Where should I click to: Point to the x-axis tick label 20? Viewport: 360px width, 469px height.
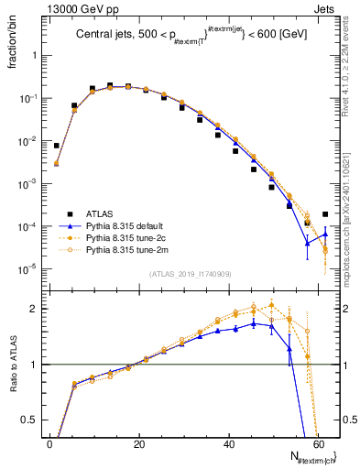click(138, 442)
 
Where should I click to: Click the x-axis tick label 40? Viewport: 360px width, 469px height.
click(227, 442)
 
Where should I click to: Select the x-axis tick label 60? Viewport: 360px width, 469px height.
click(316, 442)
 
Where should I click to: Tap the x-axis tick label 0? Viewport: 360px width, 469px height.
click(49, 442)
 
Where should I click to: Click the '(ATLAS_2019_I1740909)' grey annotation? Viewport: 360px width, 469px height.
click(189, 273)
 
